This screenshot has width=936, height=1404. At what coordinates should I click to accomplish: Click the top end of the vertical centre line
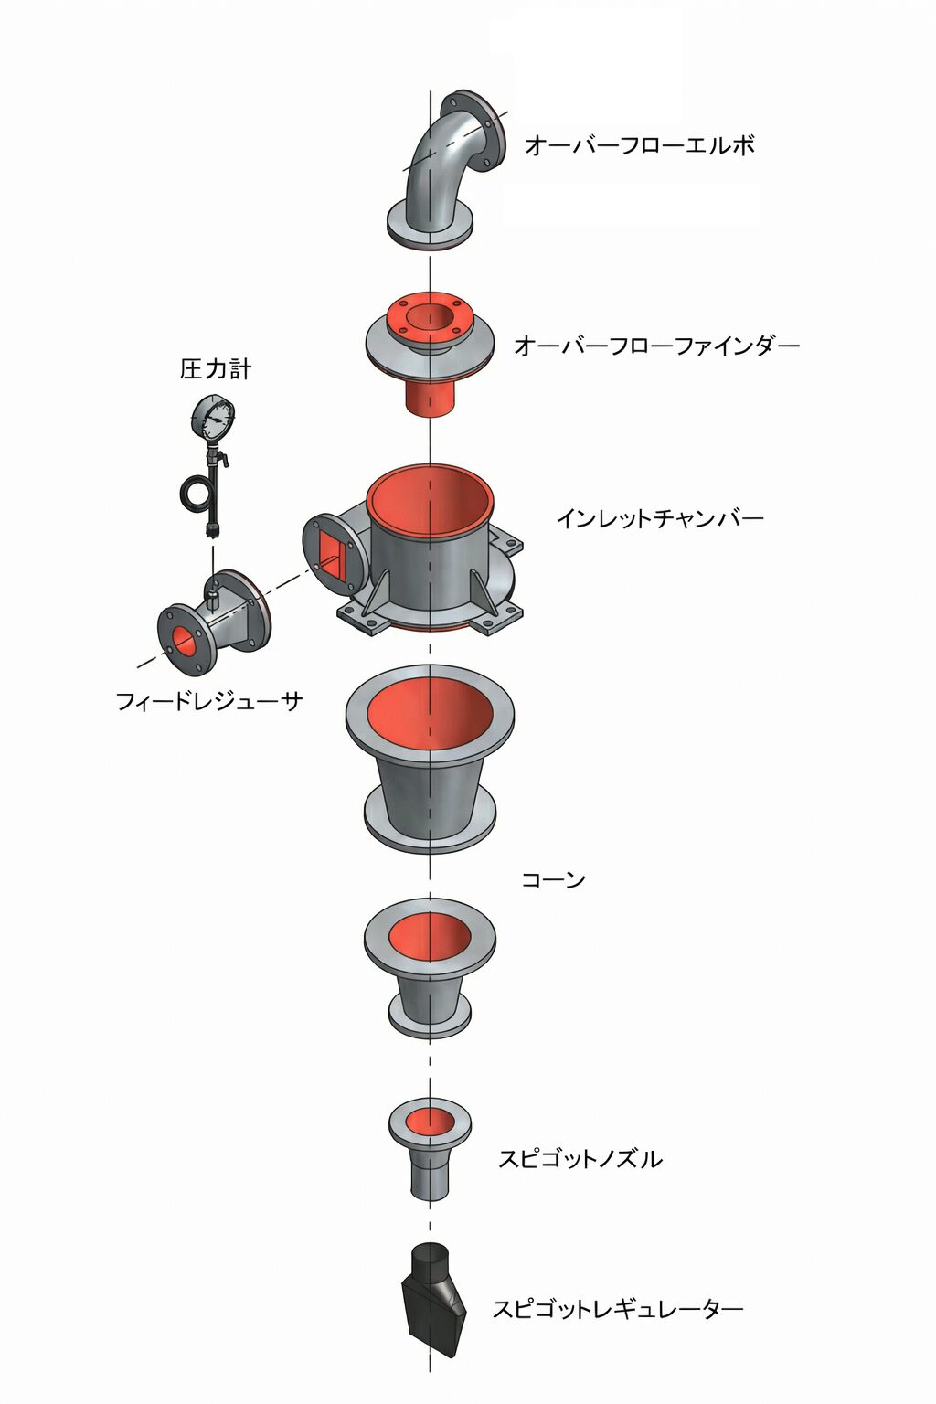tap(431, 91)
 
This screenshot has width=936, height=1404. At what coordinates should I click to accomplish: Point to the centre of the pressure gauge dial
tap(214, 416)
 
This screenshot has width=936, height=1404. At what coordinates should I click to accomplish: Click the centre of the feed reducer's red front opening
tap(183, 640)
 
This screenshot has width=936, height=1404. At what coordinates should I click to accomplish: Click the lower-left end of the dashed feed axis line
tap(137, 666)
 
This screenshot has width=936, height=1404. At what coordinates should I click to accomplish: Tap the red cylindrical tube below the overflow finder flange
tap(431, 394)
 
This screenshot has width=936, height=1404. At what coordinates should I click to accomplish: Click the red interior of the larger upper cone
tap(431, 714)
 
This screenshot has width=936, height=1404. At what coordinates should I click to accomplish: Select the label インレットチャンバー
tap(660, 518)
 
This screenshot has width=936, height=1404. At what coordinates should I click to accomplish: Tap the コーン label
tap(554, 879)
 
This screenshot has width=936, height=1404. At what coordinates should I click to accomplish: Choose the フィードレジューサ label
tap(210, 701)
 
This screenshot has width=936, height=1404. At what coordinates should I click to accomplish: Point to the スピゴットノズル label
tap(580, 1158)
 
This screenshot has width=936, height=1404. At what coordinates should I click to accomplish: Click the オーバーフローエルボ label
tap(640, 145)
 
